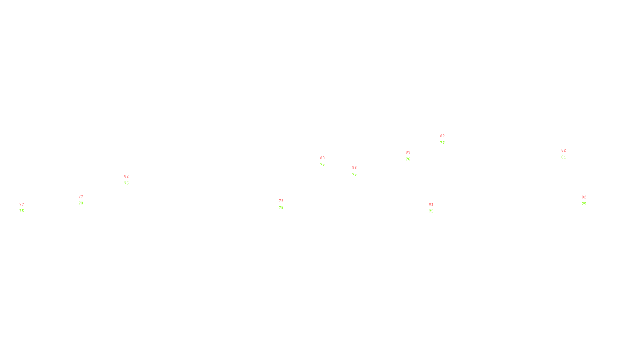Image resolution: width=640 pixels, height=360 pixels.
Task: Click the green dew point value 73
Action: pos(81,203)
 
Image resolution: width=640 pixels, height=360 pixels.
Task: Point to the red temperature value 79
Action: pos(281,201)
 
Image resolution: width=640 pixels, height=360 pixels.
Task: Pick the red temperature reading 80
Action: pos(322,158)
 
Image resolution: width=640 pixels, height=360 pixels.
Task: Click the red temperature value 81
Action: pos(431,204)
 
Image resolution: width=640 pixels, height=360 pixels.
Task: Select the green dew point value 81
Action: pos(564,157)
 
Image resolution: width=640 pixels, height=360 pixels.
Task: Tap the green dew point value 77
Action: pos(442,143)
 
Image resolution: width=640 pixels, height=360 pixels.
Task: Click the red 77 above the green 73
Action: pos(81,196)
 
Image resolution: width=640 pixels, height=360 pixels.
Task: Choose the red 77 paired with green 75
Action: pos(22,204)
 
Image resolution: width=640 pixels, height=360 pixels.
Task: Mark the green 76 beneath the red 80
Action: pos(322,164)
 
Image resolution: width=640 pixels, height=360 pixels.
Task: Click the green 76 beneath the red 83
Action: pos(408,159)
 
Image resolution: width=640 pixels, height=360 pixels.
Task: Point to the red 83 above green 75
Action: pos(354,168)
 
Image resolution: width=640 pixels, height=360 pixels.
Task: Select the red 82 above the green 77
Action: pos(442,136)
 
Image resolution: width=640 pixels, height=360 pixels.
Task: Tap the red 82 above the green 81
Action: pos(564,150)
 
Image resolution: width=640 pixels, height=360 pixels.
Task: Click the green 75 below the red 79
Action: pos(281,208)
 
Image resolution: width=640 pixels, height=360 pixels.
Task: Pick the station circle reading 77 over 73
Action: pos(84,200)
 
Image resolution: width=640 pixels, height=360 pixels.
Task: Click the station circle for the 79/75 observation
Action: pos(285,204)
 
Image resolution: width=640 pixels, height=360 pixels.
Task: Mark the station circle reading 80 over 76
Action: pos(326,161)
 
